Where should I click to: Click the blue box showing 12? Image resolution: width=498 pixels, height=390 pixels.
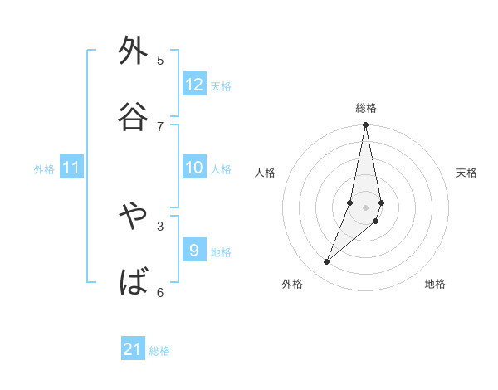coord(194,85)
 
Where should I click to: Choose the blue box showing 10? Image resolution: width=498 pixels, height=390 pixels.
coord(194,168)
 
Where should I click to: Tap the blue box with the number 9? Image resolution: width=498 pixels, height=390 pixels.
coord(194,250)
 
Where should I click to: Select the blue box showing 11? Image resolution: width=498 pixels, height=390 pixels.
coord(71,168)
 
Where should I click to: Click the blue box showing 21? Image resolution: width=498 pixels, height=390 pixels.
coord(133,349)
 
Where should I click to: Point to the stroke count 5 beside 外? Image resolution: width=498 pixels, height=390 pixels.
coord(160,60)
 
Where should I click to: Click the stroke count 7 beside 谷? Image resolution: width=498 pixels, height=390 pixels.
coord(160,126)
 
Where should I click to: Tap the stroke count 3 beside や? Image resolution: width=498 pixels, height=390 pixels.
coord(160,226)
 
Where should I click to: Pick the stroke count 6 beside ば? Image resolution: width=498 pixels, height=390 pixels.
coord(160,292)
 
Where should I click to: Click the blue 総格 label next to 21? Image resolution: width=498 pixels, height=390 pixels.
coord(159,351)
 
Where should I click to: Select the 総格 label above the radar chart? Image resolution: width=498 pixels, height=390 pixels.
coord(366,108)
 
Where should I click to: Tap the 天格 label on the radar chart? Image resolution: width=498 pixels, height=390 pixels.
coord(466,173)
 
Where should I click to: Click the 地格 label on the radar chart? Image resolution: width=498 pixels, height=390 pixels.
coord(435,284)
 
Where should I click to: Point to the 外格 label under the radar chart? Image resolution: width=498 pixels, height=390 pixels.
coord(292,284)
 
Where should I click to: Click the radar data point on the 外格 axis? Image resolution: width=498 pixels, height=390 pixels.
coord(327,261)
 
